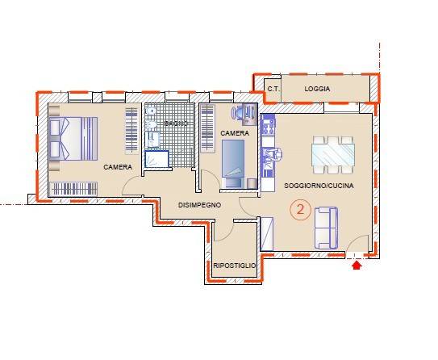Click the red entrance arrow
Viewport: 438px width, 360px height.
(x=357, y=266)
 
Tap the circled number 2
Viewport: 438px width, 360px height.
(x=300, y=209)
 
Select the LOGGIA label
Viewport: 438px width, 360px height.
(x=317, y=89)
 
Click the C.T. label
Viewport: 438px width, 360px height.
(x=273, y=89)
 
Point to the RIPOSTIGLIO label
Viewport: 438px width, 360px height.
(x=235, y=266)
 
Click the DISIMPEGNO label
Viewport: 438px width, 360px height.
(x=199, y=205)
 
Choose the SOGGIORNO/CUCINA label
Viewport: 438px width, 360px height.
(x=319, y=186)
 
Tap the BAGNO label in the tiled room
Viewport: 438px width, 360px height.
(x=175, y=123)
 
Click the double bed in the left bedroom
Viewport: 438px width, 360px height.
(x=73, y=139)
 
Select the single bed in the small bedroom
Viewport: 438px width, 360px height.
(x=233, y=164)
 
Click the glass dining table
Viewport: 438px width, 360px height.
(x=333, y=155)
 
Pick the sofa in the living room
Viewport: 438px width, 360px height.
(x=326, y=228)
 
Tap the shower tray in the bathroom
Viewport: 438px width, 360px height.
(x=156, y=159)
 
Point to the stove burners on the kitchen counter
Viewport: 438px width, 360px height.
(x=268, y=126)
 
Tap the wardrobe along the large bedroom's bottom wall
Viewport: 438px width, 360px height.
(x=73, y=189)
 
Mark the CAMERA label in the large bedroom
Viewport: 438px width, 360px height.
(x=118, y=167)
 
